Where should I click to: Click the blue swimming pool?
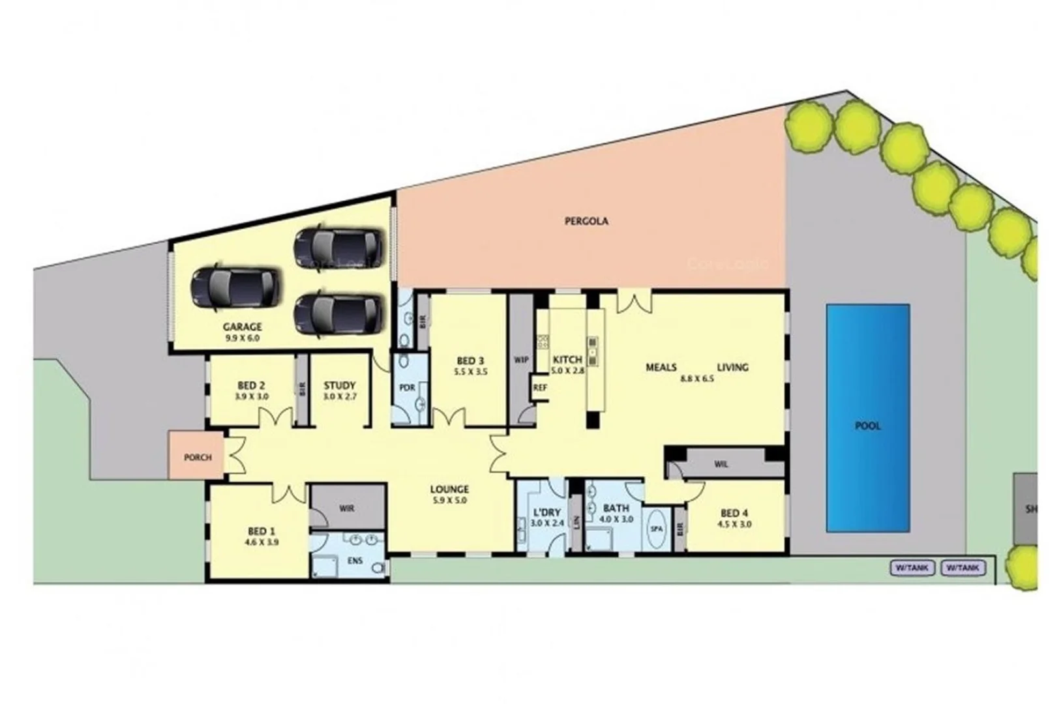[867, 417]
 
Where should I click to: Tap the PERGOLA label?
[586, 221]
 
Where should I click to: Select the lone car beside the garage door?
[235, 288]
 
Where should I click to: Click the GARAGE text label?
[242, 327]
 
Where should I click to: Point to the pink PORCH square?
[198, 457]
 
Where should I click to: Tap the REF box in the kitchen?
[539, 387]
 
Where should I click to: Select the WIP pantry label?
[521, 359]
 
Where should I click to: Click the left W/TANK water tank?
[911, 568]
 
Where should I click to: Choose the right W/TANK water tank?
[963, 568]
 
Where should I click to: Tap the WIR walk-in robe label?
[346, 508]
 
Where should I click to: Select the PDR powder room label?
[407, 387]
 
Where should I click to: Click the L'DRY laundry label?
[546, 512]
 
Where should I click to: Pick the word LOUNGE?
[449, 490]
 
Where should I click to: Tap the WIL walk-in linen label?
[721, 465]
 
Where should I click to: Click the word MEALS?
[661, 368]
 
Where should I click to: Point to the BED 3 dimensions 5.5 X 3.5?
[470, 372]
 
